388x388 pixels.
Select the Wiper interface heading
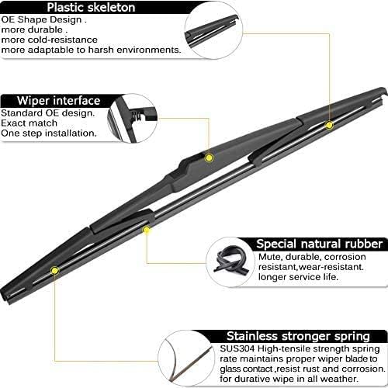pos(61,100)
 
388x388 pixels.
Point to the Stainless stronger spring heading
pos(298,335)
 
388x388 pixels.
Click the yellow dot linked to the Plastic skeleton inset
pos(329,125)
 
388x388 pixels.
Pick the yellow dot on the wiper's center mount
pos(208,158)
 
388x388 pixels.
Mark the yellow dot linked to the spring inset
pos(54,270)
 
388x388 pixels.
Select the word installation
pos(71,133)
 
